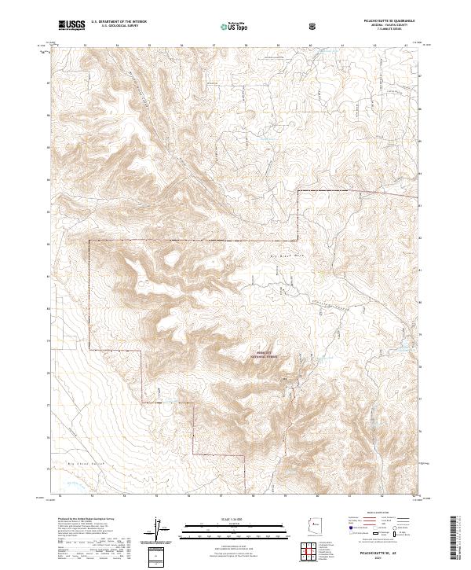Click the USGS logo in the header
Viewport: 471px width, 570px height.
(x=71, y=25)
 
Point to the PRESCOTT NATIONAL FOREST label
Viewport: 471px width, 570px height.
(x=267, y=355)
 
